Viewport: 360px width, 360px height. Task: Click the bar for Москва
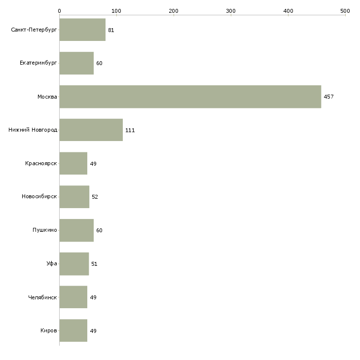pyautogui.click(x=190, y=97)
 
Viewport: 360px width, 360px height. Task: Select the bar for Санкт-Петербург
pyautogui.click(x=82, y=30)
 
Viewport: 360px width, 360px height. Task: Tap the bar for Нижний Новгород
pyautogui.click(x=91, y=130)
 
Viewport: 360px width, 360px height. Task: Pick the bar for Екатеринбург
pyautogui.click(x=76, y=63)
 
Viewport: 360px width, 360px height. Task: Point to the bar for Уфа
pyautogui.click(x=74, y=264)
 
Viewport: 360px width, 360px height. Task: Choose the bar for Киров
pyautogui.click(x=73, y=330)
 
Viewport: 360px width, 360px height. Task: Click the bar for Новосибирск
pyautogui.click(x=74, y=197)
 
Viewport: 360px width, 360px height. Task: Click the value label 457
pyautogui.click(x=328, y=97)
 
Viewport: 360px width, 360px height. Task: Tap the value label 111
pyautogui.click(x=130, y=130)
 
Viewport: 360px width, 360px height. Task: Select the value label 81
pyautogui.click(x=111, y=30)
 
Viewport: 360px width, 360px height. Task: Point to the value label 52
pyautogui.click(x=95, y=197)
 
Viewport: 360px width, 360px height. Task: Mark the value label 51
pyautogui.click(x=94, y=264)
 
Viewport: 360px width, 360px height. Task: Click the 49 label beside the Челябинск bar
pyautogui.click(x=93, y=297)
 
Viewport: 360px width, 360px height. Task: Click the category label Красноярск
pyautogui.click(x=41, y=163)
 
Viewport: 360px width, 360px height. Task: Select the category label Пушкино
pyautogui.click(x=45, y=230)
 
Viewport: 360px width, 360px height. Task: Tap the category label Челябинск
pyautogui.click(x=42, y=297)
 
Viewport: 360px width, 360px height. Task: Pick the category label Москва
pyautogui.click(x=47, y=97)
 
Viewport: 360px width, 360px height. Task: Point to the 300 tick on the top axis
pyautogui.click(x=231, y=10)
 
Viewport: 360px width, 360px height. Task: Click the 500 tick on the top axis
pyautogui.click(x=345, y=10)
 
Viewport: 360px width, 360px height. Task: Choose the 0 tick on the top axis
pyautogui.click(x=59, y=10)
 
